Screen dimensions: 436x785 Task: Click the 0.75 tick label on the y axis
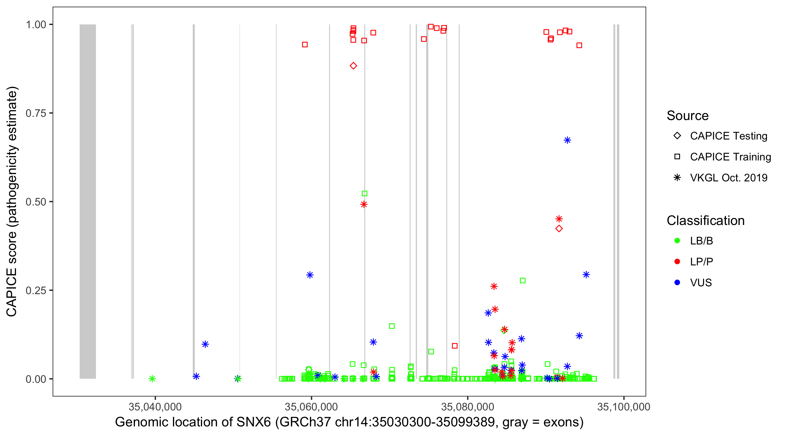36,113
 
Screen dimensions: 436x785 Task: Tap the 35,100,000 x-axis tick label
623,407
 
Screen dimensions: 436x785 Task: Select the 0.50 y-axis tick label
36,202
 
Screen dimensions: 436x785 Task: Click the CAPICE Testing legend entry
728,136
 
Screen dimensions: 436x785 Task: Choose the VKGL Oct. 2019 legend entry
728,178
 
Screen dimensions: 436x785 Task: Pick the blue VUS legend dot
677,283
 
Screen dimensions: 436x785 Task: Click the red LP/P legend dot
677,262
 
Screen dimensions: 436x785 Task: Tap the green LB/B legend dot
677,241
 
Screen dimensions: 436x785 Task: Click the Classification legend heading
705,221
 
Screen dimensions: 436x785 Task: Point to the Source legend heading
688,116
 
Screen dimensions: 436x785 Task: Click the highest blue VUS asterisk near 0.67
567,140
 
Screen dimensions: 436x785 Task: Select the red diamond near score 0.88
353,66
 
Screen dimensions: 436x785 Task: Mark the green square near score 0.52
365,194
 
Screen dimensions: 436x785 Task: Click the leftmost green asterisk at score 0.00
152,379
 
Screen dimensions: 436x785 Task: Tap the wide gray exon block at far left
88,201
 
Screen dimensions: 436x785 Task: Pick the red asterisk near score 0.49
364,204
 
